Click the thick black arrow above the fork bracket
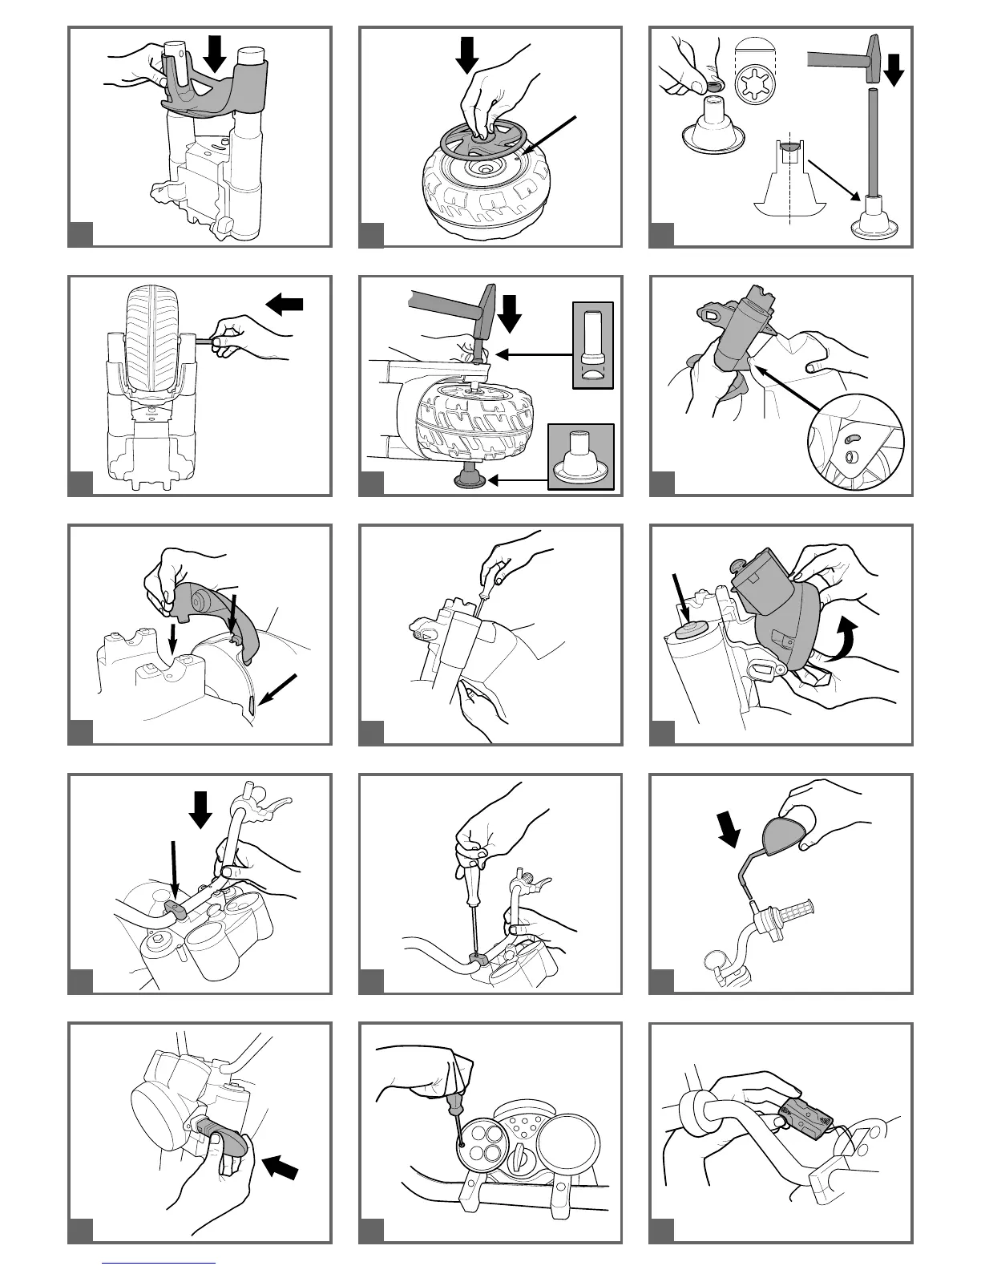(x=216, y=53)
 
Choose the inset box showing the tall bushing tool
(x=593, y=345)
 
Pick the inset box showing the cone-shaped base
(x=581, y=456)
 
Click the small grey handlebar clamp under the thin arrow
(x=178, y=907)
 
